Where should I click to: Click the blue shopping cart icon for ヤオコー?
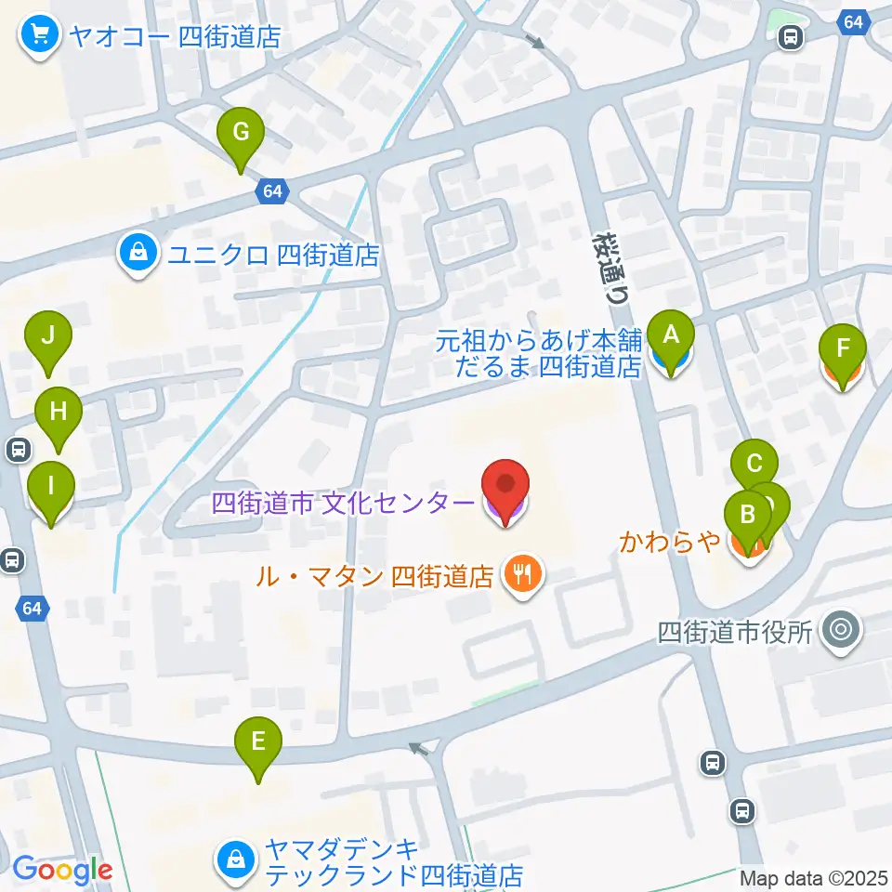click(39, 37)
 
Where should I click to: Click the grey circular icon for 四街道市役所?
click(842, 633)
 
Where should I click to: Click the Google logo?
click(62, 869)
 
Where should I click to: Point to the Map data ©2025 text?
click(814, 877)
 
